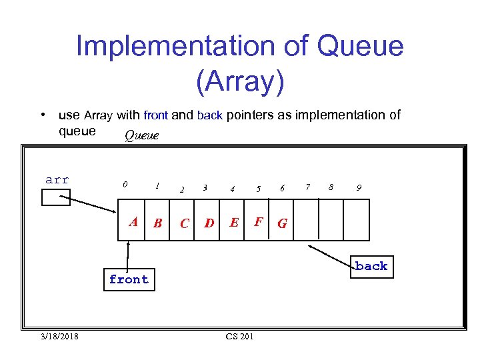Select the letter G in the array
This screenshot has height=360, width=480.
[x=282, y=223]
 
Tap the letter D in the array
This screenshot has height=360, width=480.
[x=209, y=223]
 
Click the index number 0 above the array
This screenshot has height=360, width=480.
[x=125, y=185]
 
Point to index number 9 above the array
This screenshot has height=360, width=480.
[x=359, y=188]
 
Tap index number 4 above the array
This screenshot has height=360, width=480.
[x=232, y=189]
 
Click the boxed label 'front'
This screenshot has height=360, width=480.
[x=129, y=280]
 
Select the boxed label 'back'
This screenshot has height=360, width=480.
[x=371, y=266]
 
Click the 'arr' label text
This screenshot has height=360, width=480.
[x=57, y=179]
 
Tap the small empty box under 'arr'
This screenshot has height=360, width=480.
[x=56, y=197]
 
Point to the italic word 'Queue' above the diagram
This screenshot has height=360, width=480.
[x=141, y=136]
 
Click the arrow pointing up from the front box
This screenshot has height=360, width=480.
[x=127, y=255]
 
